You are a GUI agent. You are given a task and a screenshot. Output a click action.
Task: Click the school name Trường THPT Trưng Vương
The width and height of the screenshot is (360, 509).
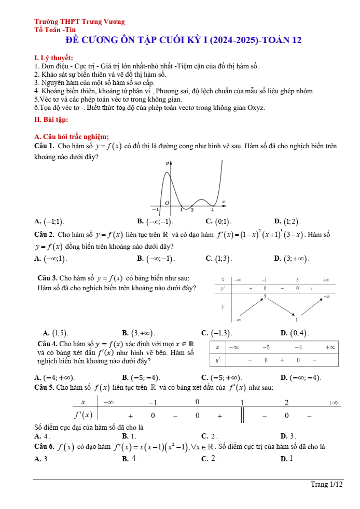pyautogui.click(x=79, y=22)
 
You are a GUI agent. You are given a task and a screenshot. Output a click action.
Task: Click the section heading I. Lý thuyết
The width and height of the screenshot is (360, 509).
pyautogui.click(x=53, y=58)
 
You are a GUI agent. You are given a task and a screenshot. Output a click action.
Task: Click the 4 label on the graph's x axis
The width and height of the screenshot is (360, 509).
pyautogui.click(x=212, y=210)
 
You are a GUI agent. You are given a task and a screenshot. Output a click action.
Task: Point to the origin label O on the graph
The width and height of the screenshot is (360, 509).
pyautogui.click(x=167, y=202)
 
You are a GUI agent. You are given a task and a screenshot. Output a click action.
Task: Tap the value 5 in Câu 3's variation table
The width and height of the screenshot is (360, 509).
pyautogui.click(x=265, y=296)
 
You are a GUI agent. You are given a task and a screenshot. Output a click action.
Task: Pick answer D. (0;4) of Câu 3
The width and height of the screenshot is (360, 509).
pyautogui.click(x=294, y=333)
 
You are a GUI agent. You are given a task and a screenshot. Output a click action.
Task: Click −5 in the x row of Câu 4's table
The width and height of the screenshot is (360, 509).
pyautogui.click(x=266, y=347)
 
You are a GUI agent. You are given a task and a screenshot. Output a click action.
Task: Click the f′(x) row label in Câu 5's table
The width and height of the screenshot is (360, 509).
pyautogui.click(x=83, y=414)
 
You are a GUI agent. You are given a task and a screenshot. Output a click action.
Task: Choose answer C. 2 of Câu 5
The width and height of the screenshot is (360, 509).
pyautogui.click(x=209, y=436)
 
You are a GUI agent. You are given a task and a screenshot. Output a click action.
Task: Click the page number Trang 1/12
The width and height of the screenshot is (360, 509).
pyautogui.click(x=327, y=485)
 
